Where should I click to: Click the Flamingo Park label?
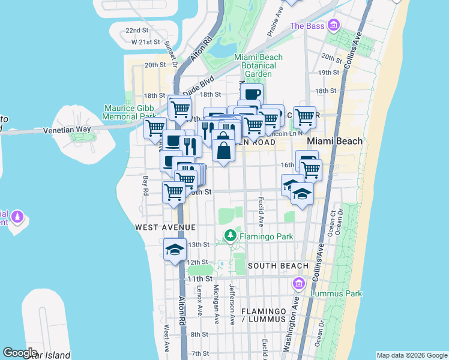[x=266, y=236]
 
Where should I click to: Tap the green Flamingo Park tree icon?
[x=229, y=236]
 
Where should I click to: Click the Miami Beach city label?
[x=334, y=141]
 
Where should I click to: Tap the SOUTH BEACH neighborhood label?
[x=278, y=266]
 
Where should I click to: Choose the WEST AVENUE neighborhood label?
[x=165, y=227]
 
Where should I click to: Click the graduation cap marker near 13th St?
[x=175, y=250]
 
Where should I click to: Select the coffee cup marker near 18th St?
[x=252, y=94]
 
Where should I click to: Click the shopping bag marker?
[x=223, y=149]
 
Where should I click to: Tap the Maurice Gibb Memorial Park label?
[x=130, y=112]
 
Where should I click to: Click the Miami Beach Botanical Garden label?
[x=255, y=65]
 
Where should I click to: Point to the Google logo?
[x=20, y=353]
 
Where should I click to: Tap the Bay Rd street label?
[x=145, y=185]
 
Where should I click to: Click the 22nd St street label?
[x=137, y=30]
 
